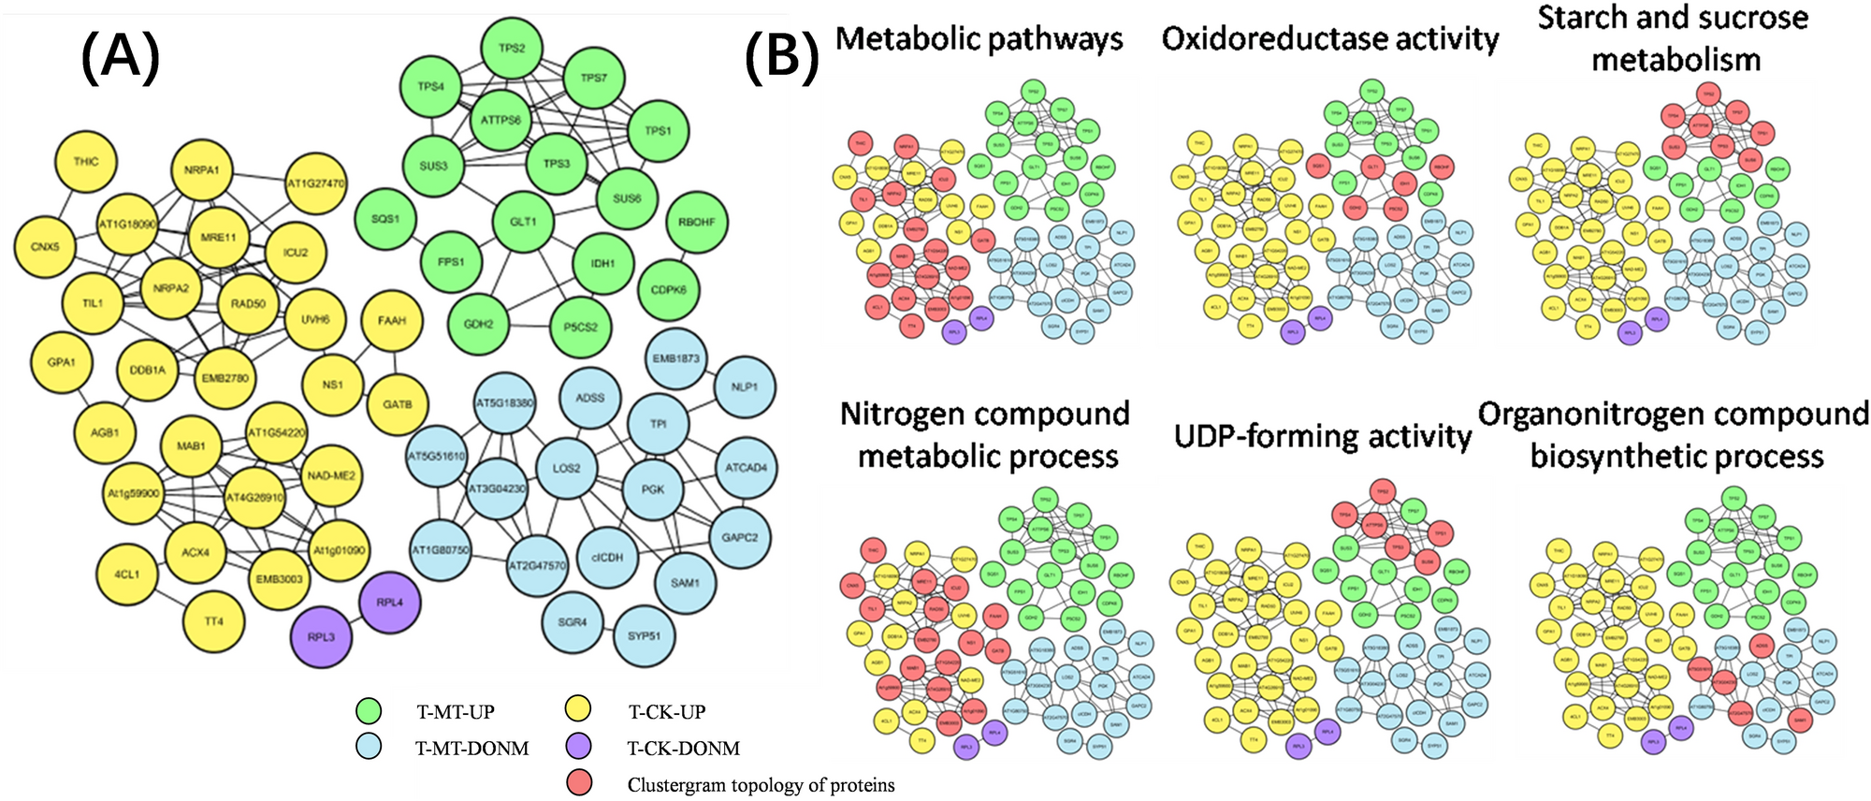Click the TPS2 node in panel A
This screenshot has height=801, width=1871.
point(512,48)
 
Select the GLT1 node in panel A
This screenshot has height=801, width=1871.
point(524,222)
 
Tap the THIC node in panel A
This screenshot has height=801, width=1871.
point(86,162)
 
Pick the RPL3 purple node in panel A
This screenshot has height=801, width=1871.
point(321,637)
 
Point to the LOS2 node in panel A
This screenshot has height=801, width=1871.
point(567,468)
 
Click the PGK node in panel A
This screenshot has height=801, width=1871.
point(653,489)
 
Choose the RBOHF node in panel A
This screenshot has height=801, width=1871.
point(697,223)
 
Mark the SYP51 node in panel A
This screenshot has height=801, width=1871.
point(644,636)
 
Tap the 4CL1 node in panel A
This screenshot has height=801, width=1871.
point(127,574)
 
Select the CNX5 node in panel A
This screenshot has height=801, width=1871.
point(45,247)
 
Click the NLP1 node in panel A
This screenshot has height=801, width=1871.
point(745,386)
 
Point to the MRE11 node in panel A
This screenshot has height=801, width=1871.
point(219,238)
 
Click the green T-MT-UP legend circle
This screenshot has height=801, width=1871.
point(370,711)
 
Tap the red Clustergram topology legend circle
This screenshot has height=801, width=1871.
point(580,783)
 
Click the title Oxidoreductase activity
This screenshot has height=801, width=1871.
point(1329,39)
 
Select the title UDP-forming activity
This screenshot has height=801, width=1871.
point(1323,436)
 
